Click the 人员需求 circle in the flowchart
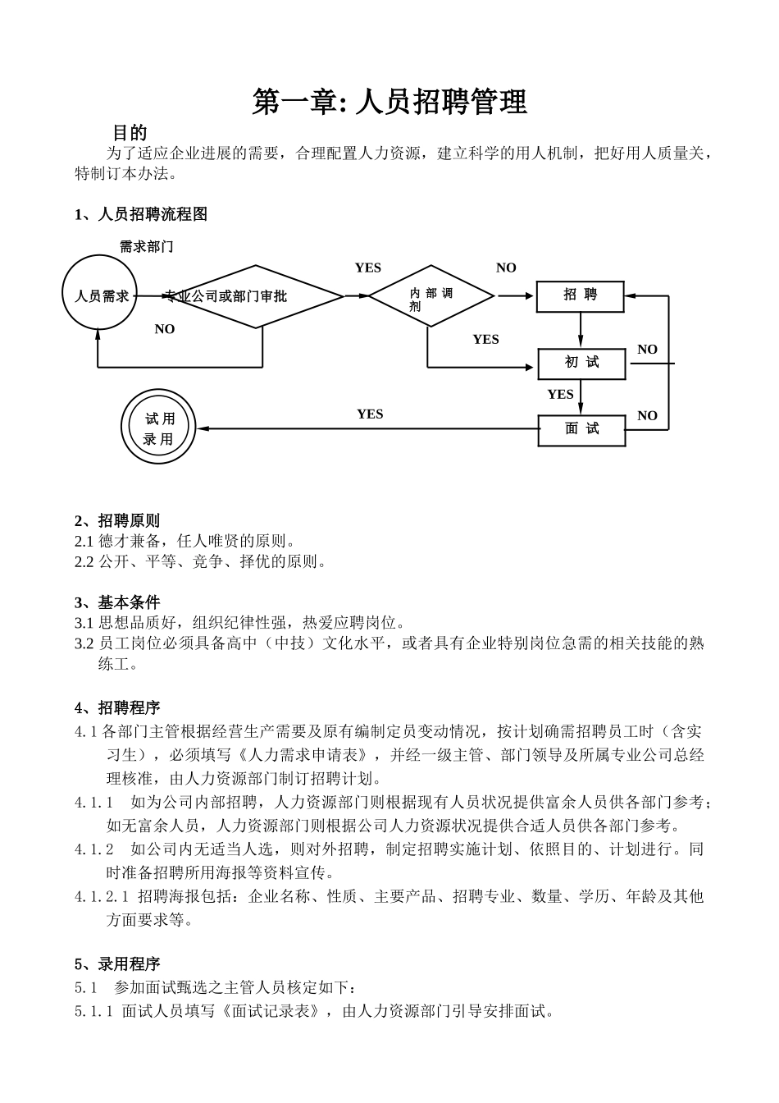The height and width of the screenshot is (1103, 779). (98, 295)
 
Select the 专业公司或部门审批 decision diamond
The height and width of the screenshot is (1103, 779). (257, 296)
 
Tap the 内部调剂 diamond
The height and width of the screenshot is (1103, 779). (430, 296)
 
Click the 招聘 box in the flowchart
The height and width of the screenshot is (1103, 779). (580, 295)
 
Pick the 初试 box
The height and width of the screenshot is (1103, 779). (581, 363)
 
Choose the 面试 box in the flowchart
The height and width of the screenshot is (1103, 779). (581, 429)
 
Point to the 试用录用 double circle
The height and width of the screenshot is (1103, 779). (159, 428)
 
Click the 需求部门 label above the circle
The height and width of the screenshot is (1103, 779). (146, 246)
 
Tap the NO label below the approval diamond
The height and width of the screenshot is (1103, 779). (165, 329)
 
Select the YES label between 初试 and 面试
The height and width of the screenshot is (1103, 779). (560, 395)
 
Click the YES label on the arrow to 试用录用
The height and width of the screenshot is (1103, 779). (370, 414)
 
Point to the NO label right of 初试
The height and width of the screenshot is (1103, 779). (647, 350)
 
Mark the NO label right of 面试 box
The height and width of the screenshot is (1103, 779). (647, 416)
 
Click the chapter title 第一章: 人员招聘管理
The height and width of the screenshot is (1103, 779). (389, 102)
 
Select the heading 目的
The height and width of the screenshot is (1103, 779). (130, 133)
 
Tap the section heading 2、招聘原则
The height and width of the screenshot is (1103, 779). (117, 520)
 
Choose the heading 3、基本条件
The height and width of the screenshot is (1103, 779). (117, 602)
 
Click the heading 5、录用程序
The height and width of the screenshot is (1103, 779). (117, 963)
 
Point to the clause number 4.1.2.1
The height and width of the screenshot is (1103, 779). (102, 896)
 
